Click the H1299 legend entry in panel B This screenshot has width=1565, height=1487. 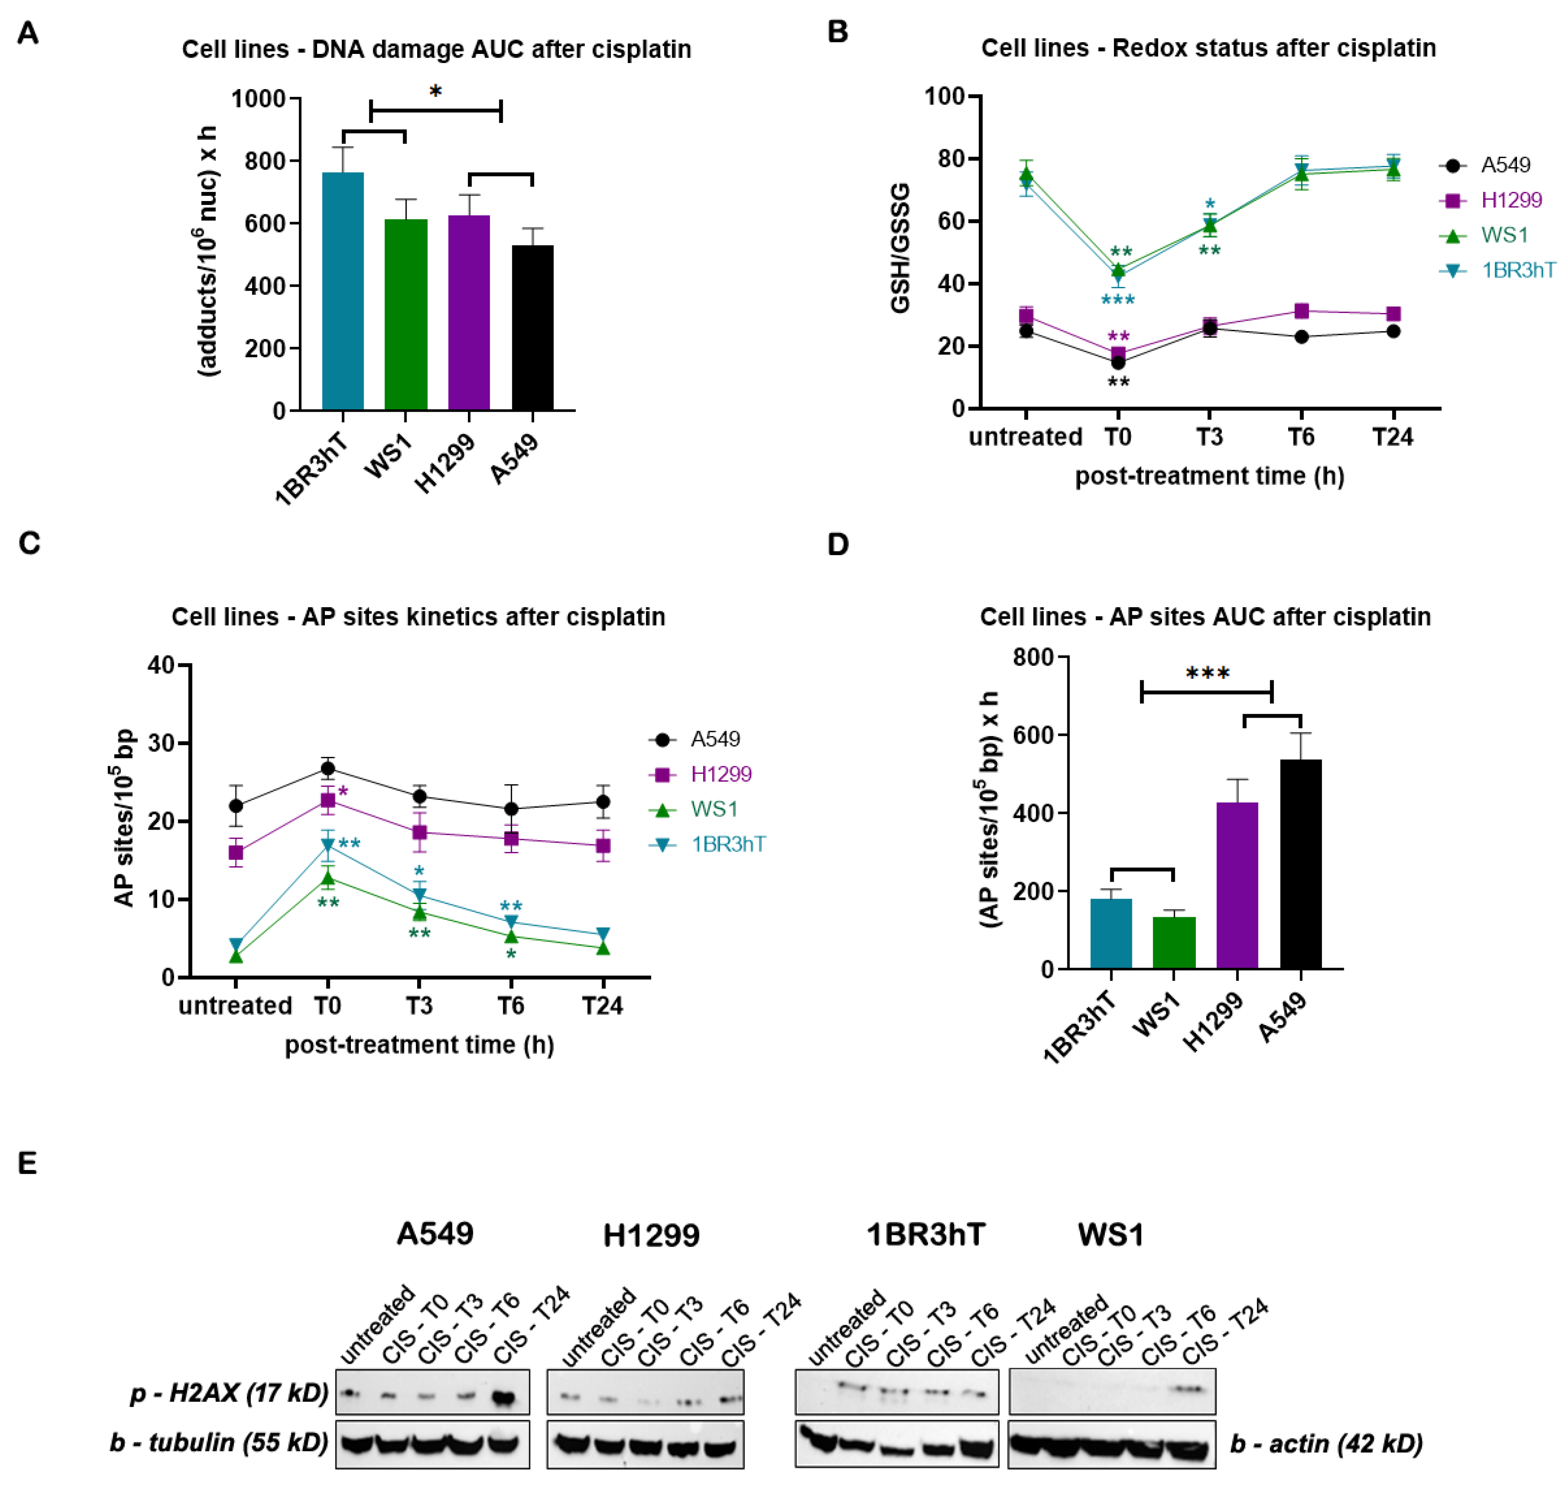(x=1510, y=200)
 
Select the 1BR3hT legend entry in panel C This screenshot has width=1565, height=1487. (x=728, y=844)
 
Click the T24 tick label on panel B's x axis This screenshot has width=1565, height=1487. (x=1392, y=437)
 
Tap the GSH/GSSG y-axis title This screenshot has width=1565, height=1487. (x=900, y=248)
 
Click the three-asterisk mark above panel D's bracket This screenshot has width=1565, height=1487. (x=1207, y=674)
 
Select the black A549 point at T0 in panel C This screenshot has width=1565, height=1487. (x=328, y=768)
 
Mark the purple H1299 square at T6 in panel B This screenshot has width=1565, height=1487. (x=1301, y=311)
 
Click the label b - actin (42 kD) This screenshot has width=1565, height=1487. (x=1326, y=1444)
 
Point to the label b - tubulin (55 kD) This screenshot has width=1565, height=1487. (x=219, y=1442)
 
